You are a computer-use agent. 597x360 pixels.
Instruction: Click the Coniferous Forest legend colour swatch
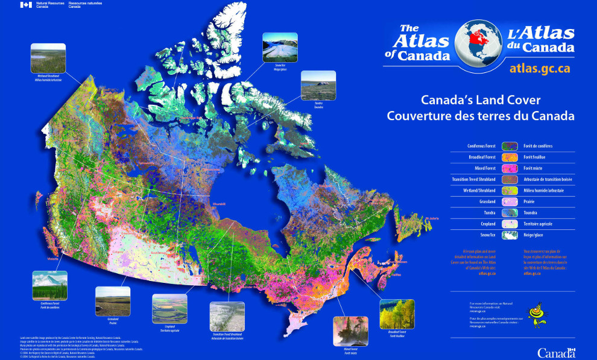click(510, 146)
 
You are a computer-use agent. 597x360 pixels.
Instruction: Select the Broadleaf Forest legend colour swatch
click(510, 157)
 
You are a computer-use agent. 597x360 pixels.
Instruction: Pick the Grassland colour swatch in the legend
click(510, 202)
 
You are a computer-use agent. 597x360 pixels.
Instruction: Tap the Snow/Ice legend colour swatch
click(510, 235)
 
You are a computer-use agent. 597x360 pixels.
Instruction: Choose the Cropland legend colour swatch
click(510, 224)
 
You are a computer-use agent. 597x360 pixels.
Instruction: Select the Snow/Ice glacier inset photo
click(280, 48)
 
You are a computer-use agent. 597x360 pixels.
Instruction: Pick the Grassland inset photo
click(113, 301)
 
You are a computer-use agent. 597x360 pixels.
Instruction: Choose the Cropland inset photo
click(169, 309)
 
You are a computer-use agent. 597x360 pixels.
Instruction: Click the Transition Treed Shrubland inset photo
click(227, 317)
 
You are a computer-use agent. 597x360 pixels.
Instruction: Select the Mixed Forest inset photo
click(350, 330)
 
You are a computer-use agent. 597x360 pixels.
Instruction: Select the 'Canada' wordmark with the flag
click(557, 352)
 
